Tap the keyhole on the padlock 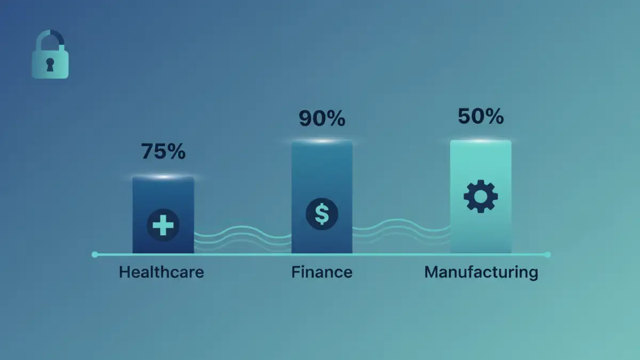click(x=50, y=65)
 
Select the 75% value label click(x=163, y=151)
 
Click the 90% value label click(x=322, y=118)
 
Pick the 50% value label click(x=481, y=116)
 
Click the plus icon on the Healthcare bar click(x=163, y=225)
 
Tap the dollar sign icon click(x=322, y=214)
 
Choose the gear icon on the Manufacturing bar click(x=481, y=197)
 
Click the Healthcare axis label click(x=161, y=272)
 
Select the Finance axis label click(x=322, y=272)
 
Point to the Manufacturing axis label click(x=481, y=272)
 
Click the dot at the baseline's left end click(x=95, y=254)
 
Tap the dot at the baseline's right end click(x=548, y=254)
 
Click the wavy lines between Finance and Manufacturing click(x=401, y=228)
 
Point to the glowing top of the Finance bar click(x=322, y=141)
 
